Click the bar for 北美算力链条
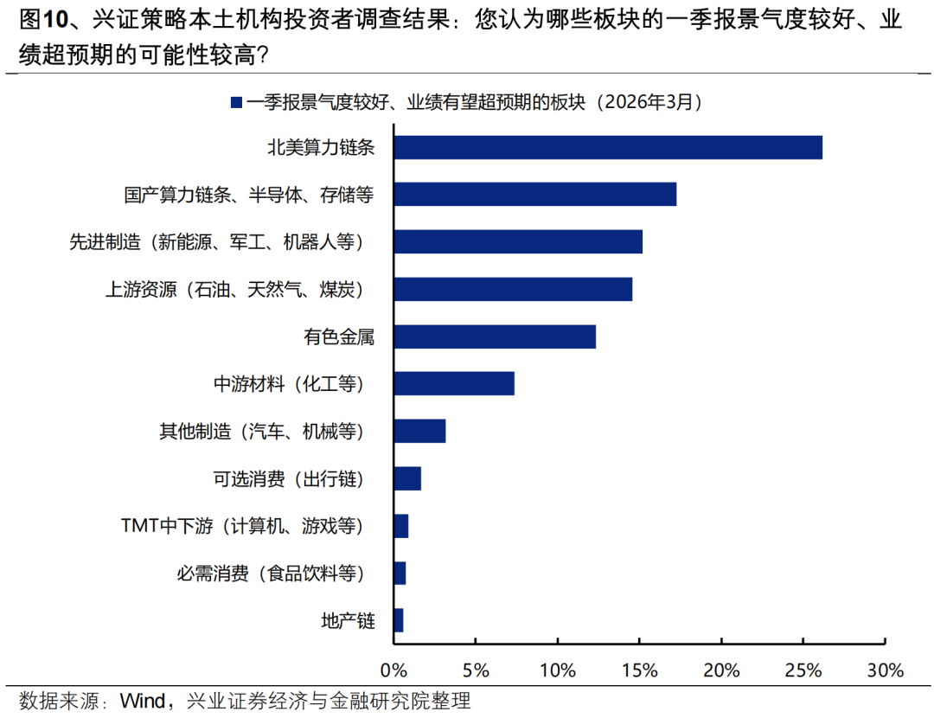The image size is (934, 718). pos(608,147)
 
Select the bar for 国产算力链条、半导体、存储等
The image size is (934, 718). pos(534,194)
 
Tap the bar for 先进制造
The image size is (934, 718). pos(518,241)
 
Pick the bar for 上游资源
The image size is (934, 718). pos(513,289)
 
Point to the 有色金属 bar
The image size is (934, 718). pos(495,337)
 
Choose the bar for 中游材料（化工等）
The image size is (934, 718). pos(454,383)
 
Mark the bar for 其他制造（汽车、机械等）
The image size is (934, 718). pos(419,431)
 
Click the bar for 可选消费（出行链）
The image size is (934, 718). pos(407,478)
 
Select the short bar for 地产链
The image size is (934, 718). pos(399,620)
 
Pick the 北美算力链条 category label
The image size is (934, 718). pos(321,147)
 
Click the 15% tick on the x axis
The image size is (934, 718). pos(639,670)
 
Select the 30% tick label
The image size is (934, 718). pos(885,670)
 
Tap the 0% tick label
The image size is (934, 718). pos(393,670)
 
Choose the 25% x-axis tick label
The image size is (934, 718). pos(803,670)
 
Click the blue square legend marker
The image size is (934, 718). pos(234,102)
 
